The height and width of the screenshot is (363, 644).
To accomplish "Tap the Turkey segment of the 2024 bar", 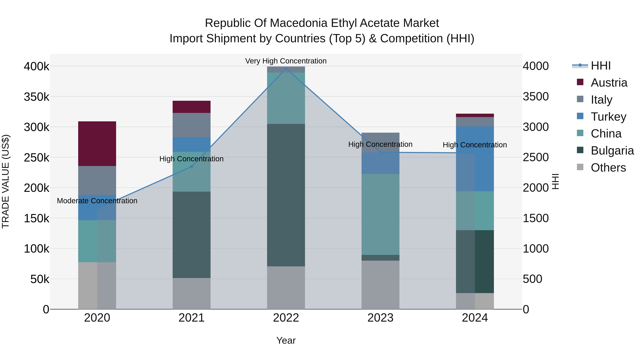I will [475, 159].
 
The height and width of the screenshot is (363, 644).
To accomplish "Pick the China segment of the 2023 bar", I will [380, 214].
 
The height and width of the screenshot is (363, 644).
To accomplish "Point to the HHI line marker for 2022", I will [286, 68].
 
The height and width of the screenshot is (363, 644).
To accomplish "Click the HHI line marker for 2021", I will [191, 167].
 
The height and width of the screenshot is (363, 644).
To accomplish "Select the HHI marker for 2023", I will [380, 152].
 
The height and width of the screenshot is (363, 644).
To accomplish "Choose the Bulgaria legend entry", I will [612, 151].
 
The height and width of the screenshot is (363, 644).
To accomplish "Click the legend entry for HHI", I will [601, 66].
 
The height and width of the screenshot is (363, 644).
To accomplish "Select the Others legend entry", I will [608, 168].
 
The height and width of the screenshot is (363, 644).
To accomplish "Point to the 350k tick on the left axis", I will [36, 97].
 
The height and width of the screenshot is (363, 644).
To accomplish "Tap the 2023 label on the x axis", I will [380, 318].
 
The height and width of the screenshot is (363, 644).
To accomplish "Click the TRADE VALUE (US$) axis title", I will [6, 181].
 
